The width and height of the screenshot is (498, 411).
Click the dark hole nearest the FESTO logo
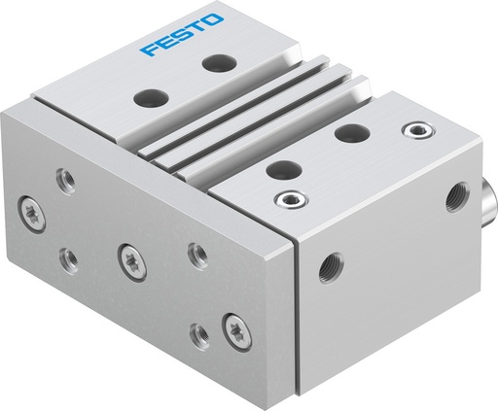pyautogui.click(x=215, y=63)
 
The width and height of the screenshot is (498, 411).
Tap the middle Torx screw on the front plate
pyautogui.click(x=127, y=257)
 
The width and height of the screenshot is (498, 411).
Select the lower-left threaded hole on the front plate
pyautogui.click(x=67, y=257)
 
